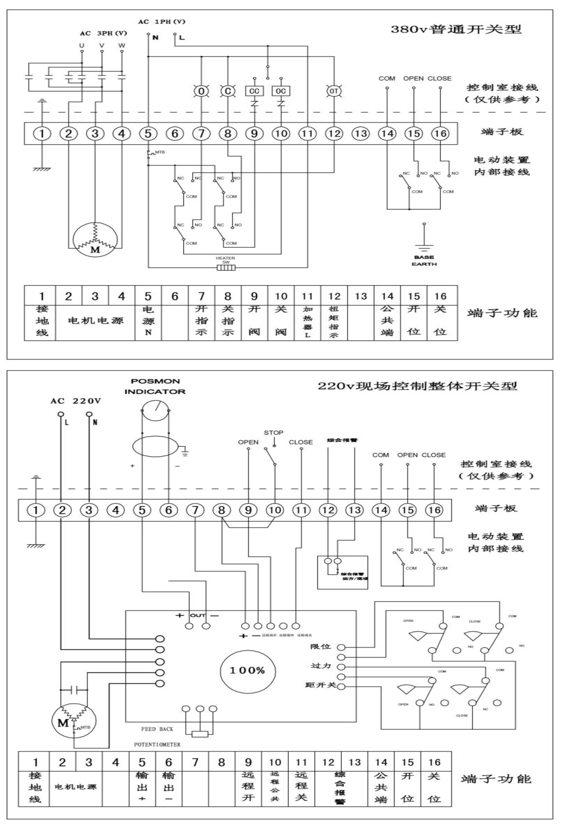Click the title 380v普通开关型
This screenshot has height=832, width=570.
point(456,29)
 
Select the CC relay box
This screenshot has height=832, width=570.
point(254,91)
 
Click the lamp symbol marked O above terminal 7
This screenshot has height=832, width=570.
point(201,91)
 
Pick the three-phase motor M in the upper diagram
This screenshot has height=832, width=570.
point(95,240)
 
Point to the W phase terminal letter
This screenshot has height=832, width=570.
point(122,45)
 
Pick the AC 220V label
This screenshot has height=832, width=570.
point(76,401)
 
